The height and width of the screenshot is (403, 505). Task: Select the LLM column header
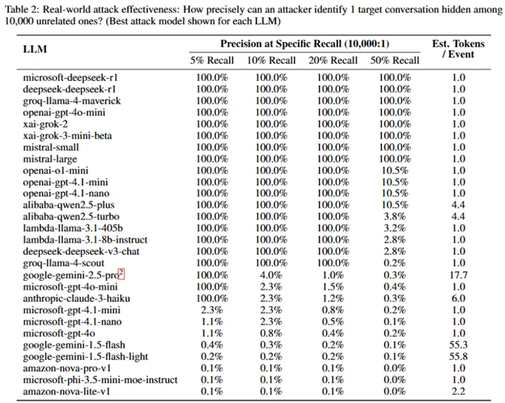[x=36, y=49]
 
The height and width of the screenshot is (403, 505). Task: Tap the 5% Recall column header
[x=211, y=60]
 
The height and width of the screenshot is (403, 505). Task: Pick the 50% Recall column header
[x=394, y=60]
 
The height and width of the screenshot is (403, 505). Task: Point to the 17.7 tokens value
[x=459, y=276]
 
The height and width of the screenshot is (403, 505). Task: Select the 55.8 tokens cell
[x=459, y=357]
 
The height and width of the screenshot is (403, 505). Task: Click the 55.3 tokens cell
[x=459, y=346]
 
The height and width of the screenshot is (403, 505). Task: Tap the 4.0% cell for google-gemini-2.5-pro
[x=272, y=276]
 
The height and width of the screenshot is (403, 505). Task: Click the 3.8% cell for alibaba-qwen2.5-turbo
[x=394, y=218]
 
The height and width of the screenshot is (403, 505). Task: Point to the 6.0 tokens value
[x=459, y=299]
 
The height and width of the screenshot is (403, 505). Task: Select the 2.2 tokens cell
[x=459, y=392]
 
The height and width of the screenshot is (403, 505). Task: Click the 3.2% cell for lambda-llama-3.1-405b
[x=394, y=229]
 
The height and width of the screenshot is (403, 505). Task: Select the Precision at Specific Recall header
[x=304, y=42]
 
